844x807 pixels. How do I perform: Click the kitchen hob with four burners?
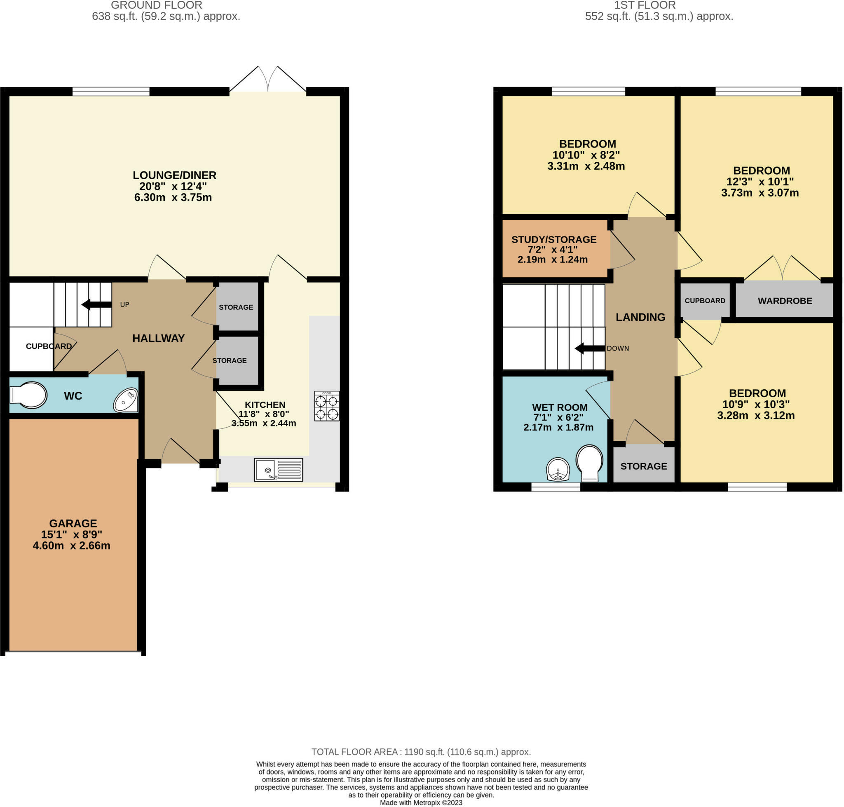click(x=327, y=406)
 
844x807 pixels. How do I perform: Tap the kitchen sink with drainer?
click(x=279, y=470)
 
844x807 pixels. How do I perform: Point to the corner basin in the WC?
click(x=126, y=400)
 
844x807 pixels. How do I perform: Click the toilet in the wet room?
click(x=589, y=463)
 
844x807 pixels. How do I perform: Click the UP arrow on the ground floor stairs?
click(x=97, y=304)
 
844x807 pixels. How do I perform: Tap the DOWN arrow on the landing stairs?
click(x=590, y=349)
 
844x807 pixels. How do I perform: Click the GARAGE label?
click(x=73, y=523)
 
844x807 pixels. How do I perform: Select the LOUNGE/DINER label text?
click(x=174, y=175)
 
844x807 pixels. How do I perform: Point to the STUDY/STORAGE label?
click(x=554, y=239)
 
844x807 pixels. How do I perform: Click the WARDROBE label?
click(x=785, y=301)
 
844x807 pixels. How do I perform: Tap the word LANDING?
click(x=640, y=317)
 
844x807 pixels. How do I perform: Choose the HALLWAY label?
click(x=158, y=338)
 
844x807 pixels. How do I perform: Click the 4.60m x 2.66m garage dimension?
click(x=71, y=545)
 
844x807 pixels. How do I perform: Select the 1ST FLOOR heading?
click(x=644, y=5)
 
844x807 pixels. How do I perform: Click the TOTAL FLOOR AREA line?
click(x=421, y=751)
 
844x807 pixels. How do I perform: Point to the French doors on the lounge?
click(x=268, y=79)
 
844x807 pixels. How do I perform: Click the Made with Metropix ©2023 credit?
click(x=421, y=802)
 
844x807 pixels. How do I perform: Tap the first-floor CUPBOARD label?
click(x=705, y=301)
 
